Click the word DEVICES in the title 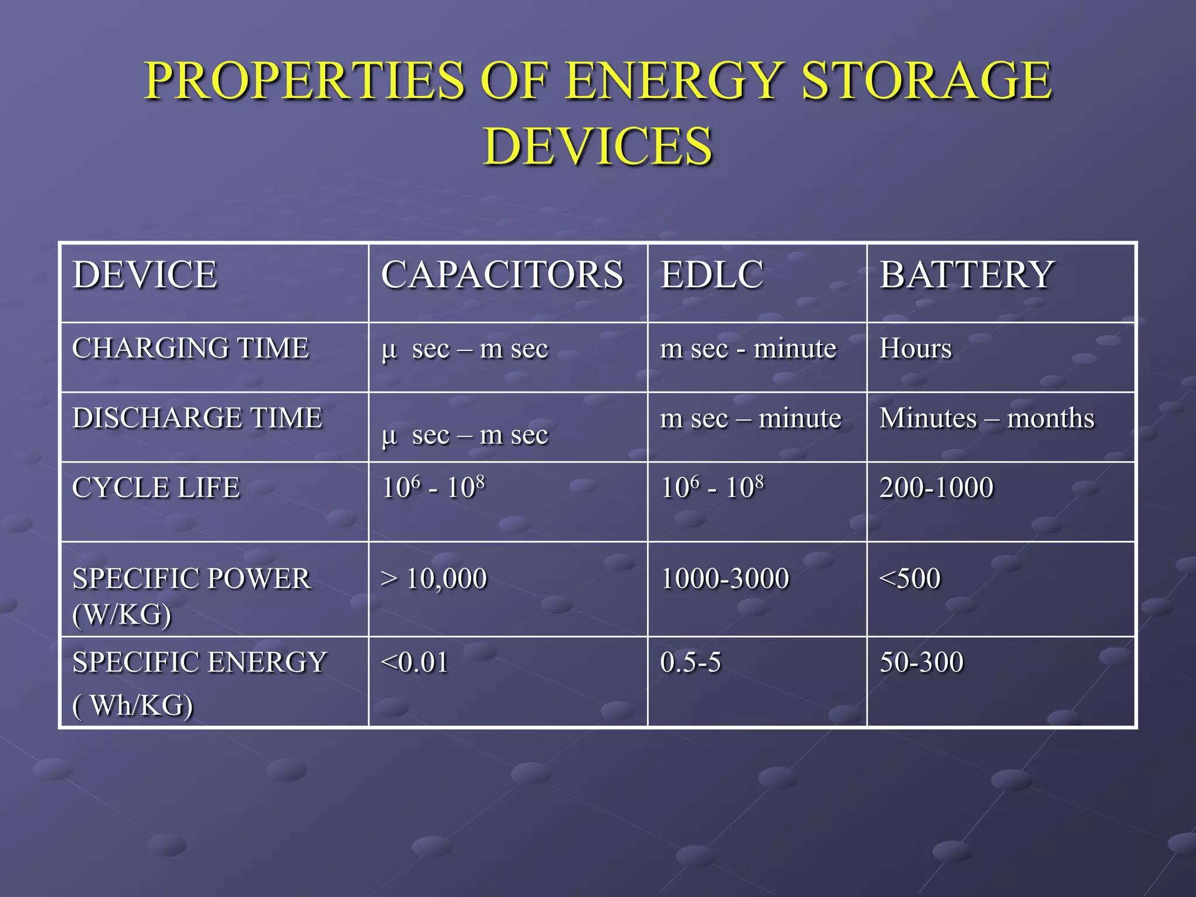click(x=598, y=146)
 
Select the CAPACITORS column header click(x=502, y=274)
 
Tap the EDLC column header click(x=711, y=274)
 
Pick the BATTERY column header click(x=966, y=274)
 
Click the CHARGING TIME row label click(x=190, y=348)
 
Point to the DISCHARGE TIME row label click(x=197, y=418)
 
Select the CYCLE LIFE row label click(x=156, y=488)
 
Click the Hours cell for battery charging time click(x=915, y=349)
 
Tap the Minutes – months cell click(x=986, y=418)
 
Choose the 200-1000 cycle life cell click(x=936, y=488)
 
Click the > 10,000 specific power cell click(x=434, y=579)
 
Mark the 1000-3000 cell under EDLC click(x=725, y=579)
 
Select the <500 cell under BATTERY click(x=910, y=579)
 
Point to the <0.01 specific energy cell click(x=414, y=663)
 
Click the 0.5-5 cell click(x=690, y=663)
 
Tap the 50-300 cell click(x=921, y=663)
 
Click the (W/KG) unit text click(x=122, y=614)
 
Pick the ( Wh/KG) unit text click(x=133, y=705)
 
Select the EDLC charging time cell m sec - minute click(x=747, y=349)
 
